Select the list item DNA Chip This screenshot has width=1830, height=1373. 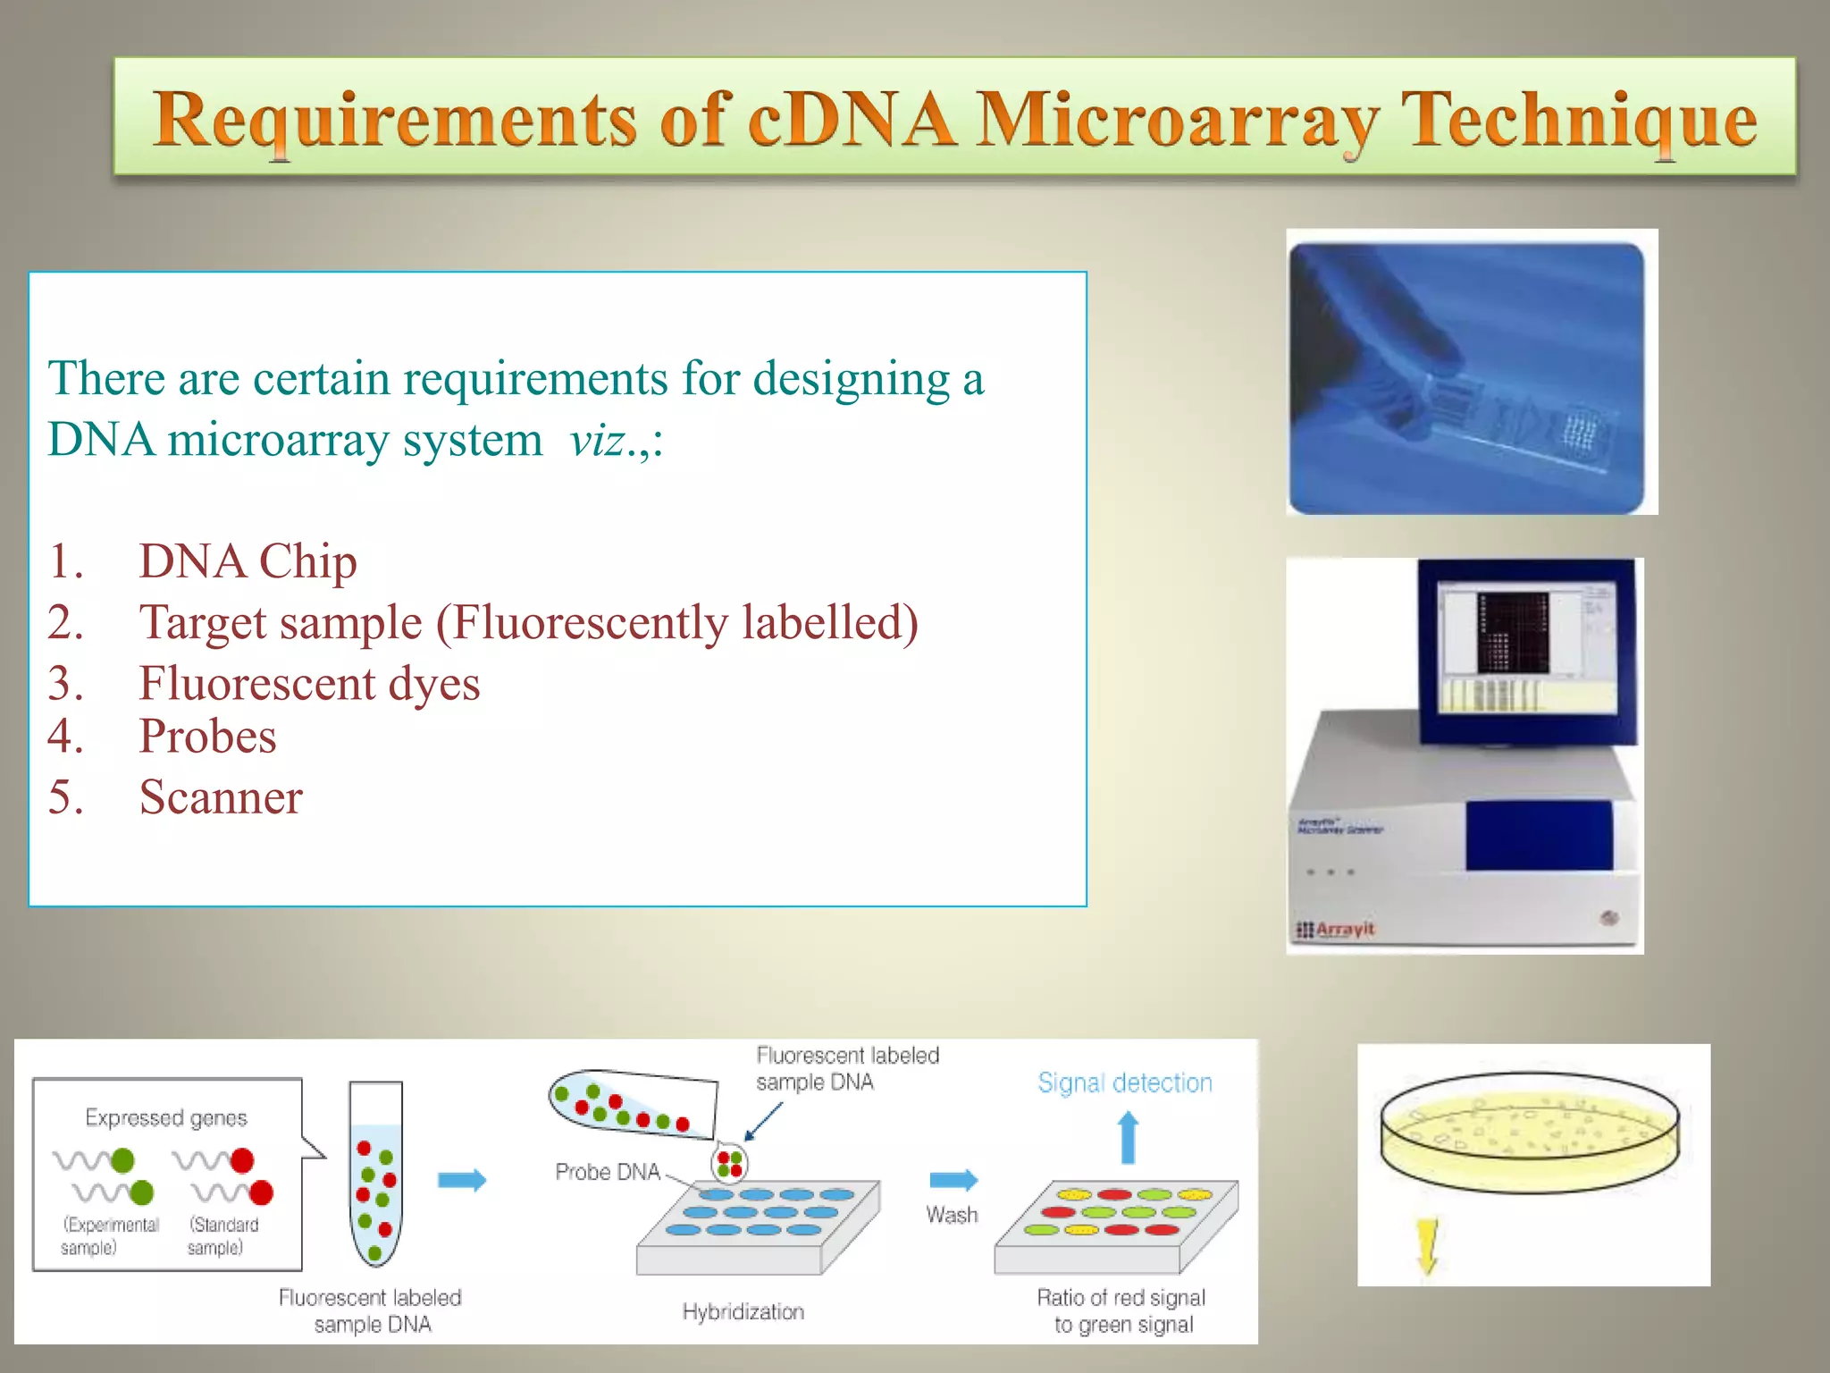click(248, 561)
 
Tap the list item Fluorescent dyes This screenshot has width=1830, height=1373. click(309, 684)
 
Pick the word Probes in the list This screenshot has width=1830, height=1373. click(207, 737)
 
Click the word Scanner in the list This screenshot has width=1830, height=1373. click(221, 797)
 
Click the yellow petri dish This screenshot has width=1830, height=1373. click(1529, 1132)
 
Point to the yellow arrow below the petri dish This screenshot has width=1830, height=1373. click(1427, 1243)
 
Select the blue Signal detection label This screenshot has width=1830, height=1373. click(1124, 1083)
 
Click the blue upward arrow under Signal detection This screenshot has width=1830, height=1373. click(1128, 1137)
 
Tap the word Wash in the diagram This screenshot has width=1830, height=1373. click(952, 1215)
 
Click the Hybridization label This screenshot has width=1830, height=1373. click(743, 1311)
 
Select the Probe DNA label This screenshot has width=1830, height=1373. click(607, 1172)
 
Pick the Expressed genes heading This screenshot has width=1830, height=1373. click(166, 1118)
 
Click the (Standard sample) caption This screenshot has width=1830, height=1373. click(222, 1236)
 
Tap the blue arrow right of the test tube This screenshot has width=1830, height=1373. click(461, 1180)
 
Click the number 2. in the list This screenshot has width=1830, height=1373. click(65, 623)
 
